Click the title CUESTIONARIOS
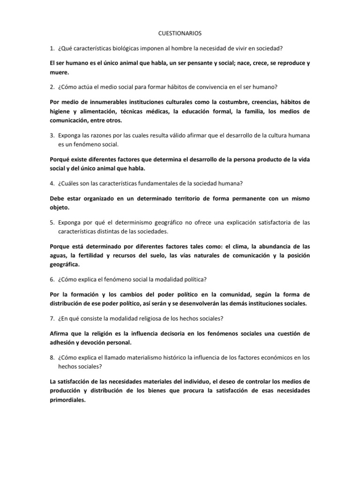pyautogui.click(x=180, y=33)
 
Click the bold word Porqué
pyautogui.click(x=61, y=159)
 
